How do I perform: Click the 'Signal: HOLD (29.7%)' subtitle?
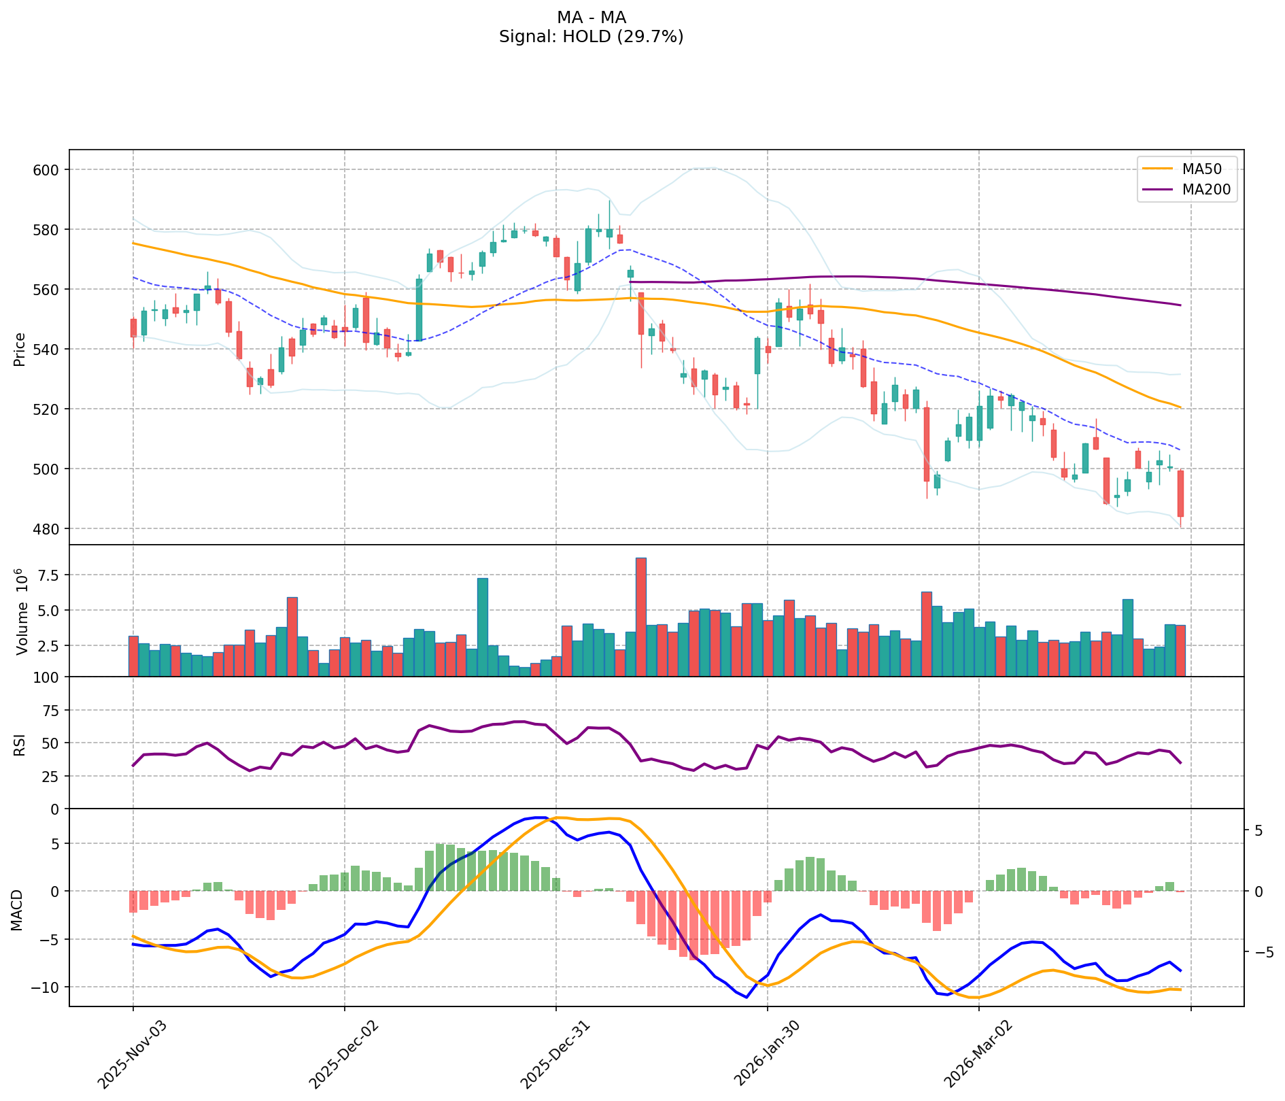591,37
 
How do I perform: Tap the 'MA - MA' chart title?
591,18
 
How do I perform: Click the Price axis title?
20,350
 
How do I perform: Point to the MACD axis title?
17,910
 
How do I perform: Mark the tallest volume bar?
640,617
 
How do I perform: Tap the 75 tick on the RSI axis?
51,711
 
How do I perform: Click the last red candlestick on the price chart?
1180,493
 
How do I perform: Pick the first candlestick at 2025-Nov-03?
133,328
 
